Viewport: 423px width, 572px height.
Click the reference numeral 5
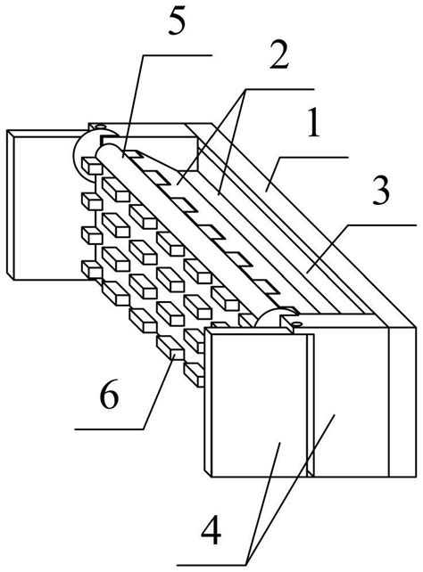coord(177,23)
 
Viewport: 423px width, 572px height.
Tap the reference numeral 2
coord(279,56)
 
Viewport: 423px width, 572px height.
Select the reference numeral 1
coord(313,122)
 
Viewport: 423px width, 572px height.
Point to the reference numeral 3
coord(381,192)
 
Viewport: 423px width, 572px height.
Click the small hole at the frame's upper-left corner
coord(98,127)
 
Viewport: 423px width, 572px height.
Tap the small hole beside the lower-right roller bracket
coord(297,323)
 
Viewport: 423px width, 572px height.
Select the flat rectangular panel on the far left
coord(46,205)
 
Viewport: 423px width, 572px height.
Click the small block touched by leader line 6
coord(170,347)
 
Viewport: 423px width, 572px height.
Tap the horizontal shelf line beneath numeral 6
coord(109,429)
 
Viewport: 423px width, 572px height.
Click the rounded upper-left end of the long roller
coord(104,151)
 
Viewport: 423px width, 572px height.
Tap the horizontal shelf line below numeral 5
coord(178,55)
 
